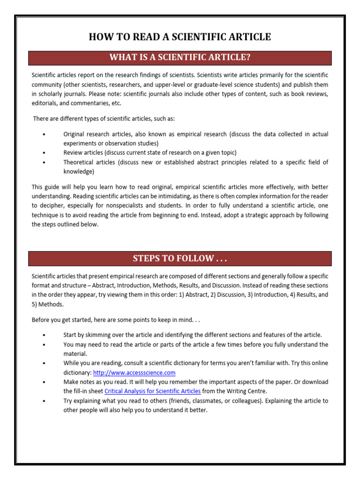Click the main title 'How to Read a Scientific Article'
point(180,37)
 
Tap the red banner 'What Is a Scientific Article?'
point(180,58)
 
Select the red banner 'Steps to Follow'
point(180,259)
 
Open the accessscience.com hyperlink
point(134,373)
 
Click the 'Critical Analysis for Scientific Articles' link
point(152,391)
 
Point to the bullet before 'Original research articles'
point(44,135)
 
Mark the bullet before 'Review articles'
point(44,153)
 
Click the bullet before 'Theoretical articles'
point(44,162)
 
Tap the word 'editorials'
point(45,103)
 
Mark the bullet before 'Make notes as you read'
point(44,382)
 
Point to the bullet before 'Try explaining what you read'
point(44,401)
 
